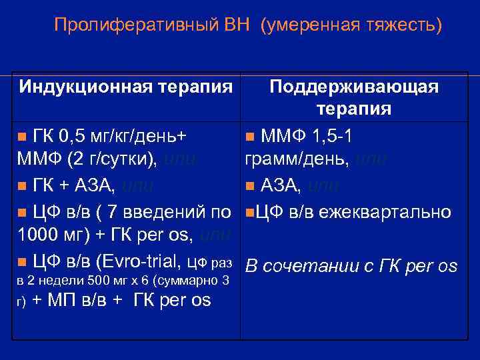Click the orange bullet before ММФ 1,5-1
tap(249, 137)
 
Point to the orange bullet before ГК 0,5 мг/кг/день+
tap(22, 137)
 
